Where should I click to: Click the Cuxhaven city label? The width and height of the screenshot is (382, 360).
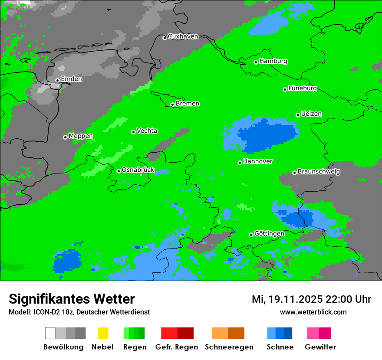pyautogui.click(x=183, y=36)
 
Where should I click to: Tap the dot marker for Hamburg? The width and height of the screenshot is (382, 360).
pyautogui.click(x=256, y=62)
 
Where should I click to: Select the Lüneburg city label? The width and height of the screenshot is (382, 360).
pyautogui.click(x=303, y=88)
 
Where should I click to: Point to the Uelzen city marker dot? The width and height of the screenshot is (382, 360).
pyautogui.click(x=298, y=115)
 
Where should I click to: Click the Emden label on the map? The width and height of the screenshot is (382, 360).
pyautogui.click(x=71, y=79)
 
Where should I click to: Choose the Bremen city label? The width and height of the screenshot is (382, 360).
pyautogui.click(x=188, y=104)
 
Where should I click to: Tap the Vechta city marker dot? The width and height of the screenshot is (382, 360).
pyautogui.click(x=134, y=132)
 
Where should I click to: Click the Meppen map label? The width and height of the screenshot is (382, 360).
pyautogui.click(x=81, y=136)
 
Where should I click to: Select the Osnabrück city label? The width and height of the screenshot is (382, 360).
pyautogui.click(x=138, y=170)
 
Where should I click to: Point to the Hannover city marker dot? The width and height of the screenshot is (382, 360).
pyautogui.click(x=240, y=163)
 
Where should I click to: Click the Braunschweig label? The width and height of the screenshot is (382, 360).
pyautogui.click(x=319, y=172)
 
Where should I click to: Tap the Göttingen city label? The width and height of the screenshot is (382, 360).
pyautogui.click(x=269, y=234)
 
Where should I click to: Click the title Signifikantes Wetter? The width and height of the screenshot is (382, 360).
pyautogui.click(x=72, y=299)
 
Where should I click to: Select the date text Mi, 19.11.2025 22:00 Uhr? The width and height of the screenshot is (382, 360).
pyautogui.click(x=311, y=299)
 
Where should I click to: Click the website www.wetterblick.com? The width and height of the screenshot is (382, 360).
pyautogui.click(x=313, y=312)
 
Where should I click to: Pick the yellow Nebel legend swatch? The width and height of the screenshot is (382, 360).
pyautogui.click(x=103, y=333)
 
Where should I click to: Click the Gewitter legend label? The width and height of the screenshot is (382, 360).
pyautogui.click(x=320, y=347)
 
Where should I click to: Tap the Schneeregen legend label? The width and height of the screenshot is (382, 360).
pyautogui.click(x=229, y=347)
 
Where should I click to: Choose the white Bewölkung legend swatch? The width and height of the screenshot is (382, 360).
pyautogui.click(x=50, y=333)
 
